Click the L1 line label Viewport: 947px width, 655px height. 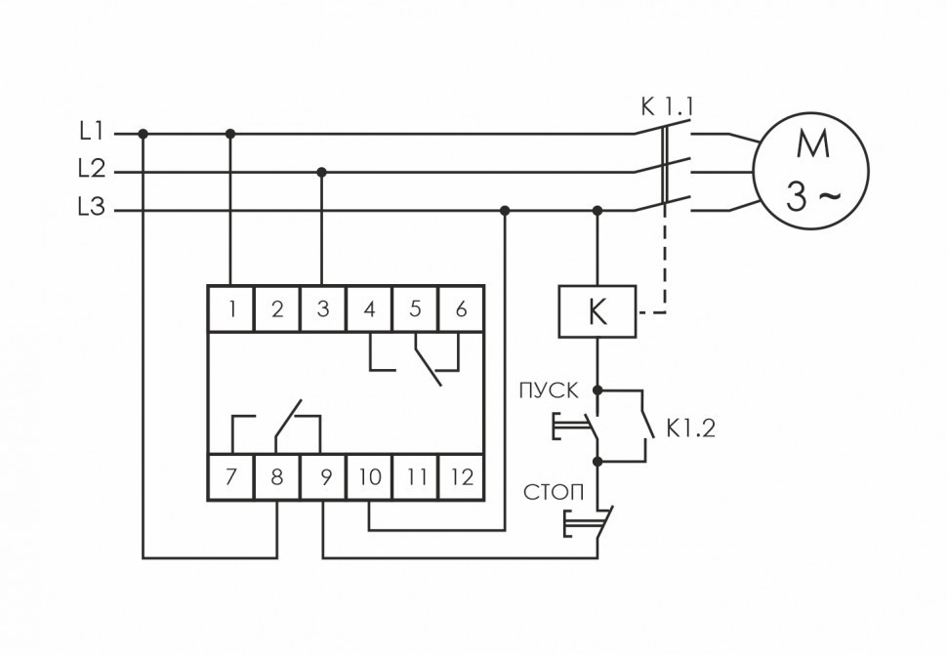pos(93,131)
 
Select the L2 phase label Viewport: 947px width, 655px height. pos(93,170)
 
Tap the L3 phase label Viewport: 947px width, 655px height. pos(93,208)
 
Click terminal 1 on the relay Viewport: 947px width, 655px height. pos(231,309)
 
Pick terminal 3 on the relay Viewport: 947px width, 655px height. pos(323,309)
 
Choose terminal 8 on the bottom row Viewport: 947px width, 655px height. pos(277,477)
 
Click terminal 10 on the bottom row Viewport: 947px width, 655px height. pos(369,477)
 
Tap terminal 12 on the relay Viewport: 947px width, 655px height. pos(462,477)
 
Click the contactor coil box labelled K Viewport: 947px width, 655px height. pos(597,312)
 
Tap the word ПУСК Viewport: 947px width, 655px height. pos(552,391)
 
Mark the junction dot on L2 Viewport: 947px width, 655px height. pos(322,172)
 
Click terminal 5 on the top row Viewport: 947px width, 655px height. pos(416,309)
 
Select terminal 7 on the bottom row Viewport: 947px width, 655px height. pos(231,477)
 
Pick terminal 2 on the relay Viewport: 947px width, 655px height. pos(277,309)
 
